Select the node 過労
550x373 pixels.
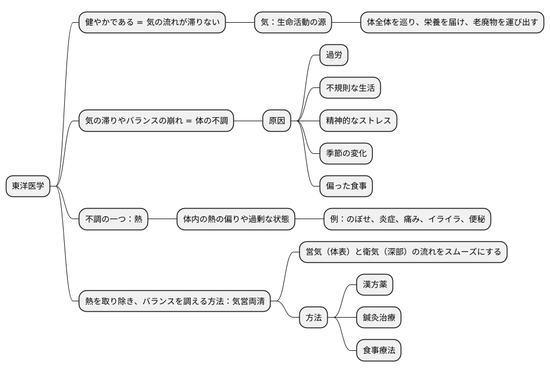pos(334,56)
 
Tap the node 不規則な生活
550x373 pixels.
pos(350,89)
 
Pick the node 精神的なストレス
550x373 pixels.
pos(358,121)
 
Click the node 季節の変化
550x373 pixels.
pos(346,154)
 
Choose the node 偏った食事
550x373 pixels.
pos(346,186)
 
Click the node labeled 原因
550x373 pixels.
pos(276,121)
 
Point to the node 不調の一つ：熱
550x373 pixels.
pos(113,219)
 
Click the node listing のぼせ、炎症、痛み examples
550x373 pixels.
pos(407,219)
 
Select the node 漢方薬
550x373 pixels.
pos(374,285)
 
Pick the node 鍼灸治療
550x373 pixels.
pos(378,318)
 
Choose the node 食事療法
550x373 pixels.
pos(378,350)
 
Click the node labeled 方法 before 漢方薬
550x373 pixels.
pos(313,318)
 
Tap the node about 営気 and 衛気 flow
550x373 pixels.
pos(403,252)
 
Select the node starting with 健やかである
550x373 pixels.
pos(152,23)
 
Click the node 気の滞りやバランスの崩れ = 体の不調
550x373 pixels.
pos(156,121)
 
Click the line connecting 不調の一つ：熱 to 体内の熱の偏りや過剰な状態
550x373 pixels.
pos(162,219)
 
